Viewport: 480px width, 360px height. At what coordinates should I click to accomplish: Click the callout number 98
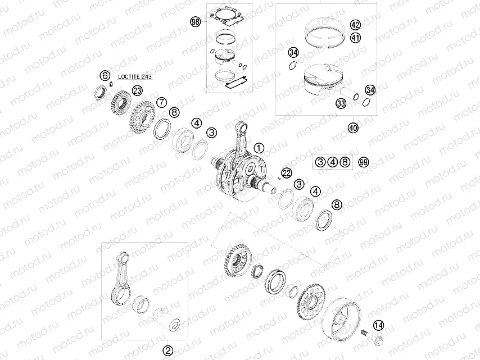pyautogui.click(x=196, y=22)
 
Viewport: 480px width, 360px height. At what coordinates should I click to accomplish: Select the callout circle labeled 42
pyautogui.click(x=355, y=25)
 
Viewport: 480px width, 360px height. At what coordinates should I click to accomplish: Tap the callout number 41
pyautogui.click(x=355, y=38)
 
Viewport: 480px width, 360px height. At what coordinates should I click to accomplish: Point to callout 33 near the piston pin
pyautogui.click(x=341, y=103)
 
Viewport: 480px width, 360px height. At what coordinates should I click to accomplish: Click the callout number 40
pyautogui.click(x=353, y=128)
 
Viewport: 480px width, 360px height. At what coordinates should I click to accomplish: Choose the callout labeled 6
pyautogui.click(x=105, y=75)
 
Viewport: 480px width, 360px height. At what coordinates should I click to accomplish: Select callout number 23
pyautogui.click(x=137, y=90)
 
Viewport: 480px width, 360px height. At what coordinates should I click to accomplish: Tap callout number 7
pyautogui.click(x=161, y=102)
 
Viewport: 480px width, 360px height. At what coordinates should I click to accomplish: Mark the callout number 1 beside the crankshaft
pyautogui.click(x=258, y=148)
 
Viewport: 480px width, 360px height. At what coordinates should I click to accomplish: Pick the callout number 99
pyautogui.click(x=364, y=162)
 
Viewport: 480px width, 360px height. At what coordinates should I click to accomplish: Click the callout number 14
pyautogui.click(x=379, y=325)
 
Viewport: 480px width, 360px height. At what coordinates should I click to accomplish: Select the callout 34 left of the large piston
pyautogui.click(x=293, y=53)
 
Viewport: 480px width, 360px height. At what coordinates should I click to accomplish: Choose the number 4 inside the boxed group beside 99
pyautogui.click(x=333, y=162)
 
